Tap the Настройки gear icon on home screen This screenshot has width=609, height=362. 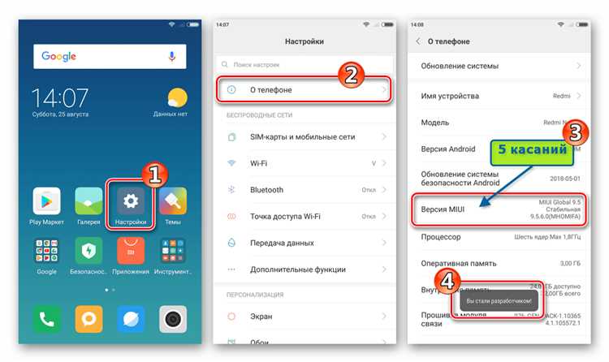(130, 200)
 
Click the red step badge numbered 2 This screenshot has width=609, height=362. (349, 75)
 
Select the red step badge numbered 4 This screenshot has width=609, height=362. (448, 278)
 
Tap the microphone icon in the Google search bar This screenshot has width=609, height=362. (172, 56)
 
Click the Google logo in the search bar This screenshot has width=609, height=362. (60, 56)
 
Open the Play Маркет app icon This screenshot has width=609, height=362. (46, 200)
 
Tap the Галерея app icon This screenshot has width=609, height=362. (89, 200)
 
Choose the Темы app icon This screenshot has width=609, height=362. (172, 200)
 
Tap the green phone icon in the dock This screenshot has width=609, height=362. (46, 318)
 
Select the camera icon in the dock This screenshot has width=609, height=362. (172, 318)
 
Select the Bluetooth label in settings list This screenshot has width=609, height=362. (266, 189)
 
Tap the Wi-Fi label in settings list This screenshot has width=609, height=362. (260, 163)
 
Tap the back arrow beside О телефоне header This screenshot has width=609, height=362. (418, 41)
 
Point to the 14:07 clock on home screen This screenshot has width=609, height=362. (60, 98)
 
